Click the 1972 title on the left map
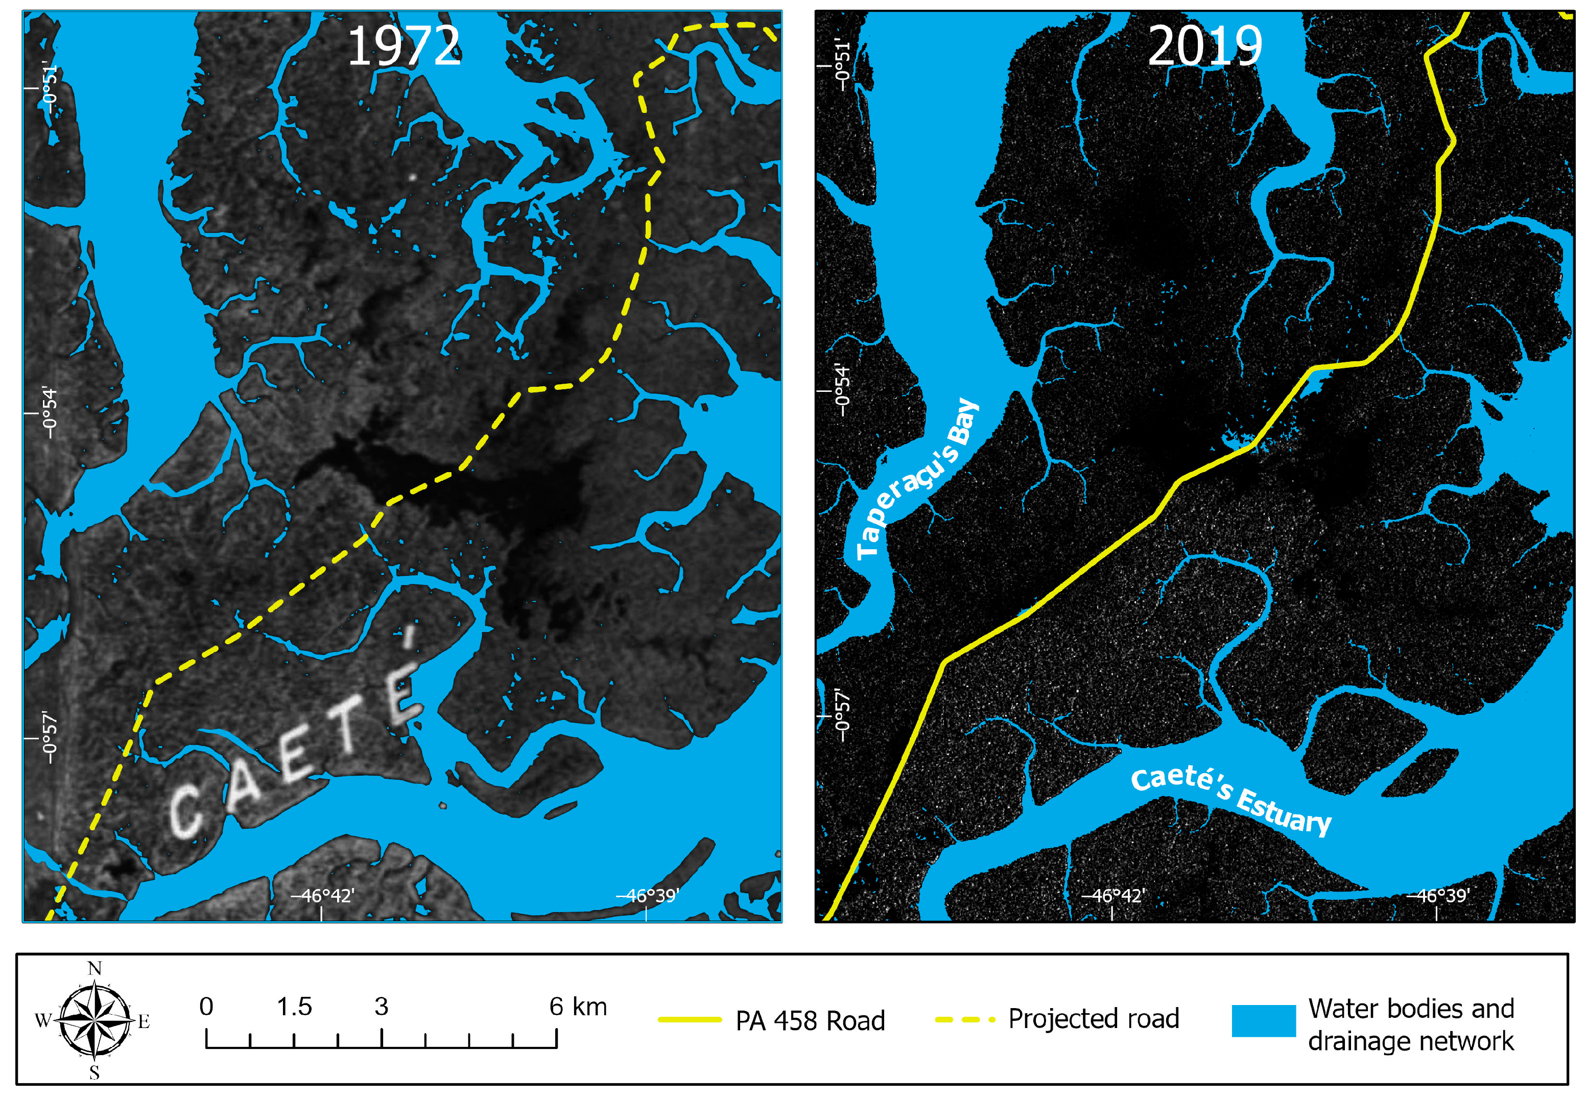coord(404,46)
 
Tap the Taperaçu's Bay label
coord(918,477)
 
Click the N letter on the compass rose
coord(95,969)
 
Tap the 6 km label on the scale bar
coord(577,1007)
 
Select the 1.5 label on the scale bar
coord(294,1007)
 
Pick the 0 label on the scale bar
coord(206,1007)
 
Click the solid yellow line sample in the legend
coord(689,1020)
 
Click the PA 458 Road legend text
coord(810,1021)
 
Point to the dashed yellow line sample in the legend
coord(964,1020)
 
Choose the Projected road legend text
coord(1093,1019)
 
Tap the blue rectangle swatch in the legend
coord(1263,1021)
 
